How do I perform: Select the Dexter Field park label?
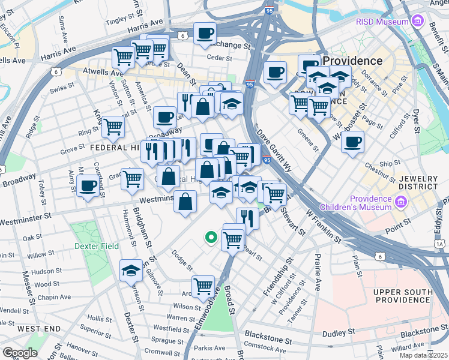[96, 246]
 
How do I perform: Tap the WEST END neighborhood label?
[38, 329]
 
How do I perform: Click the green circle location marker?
[211, 238]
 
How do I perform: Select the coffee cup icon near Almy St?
[88, 185]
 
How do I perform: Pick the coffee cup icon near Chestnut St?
[352, 142]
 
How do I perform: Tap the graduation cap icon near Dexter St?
[131, 271]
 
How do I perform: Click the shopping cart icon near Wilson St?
[203, 286]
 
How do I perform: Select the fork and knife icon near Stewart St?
[247, 218]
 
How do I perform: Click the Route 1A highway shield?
[440, 244]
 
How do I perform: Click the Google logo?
[20, 353]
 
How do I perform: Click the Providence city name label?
[353, 61]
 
